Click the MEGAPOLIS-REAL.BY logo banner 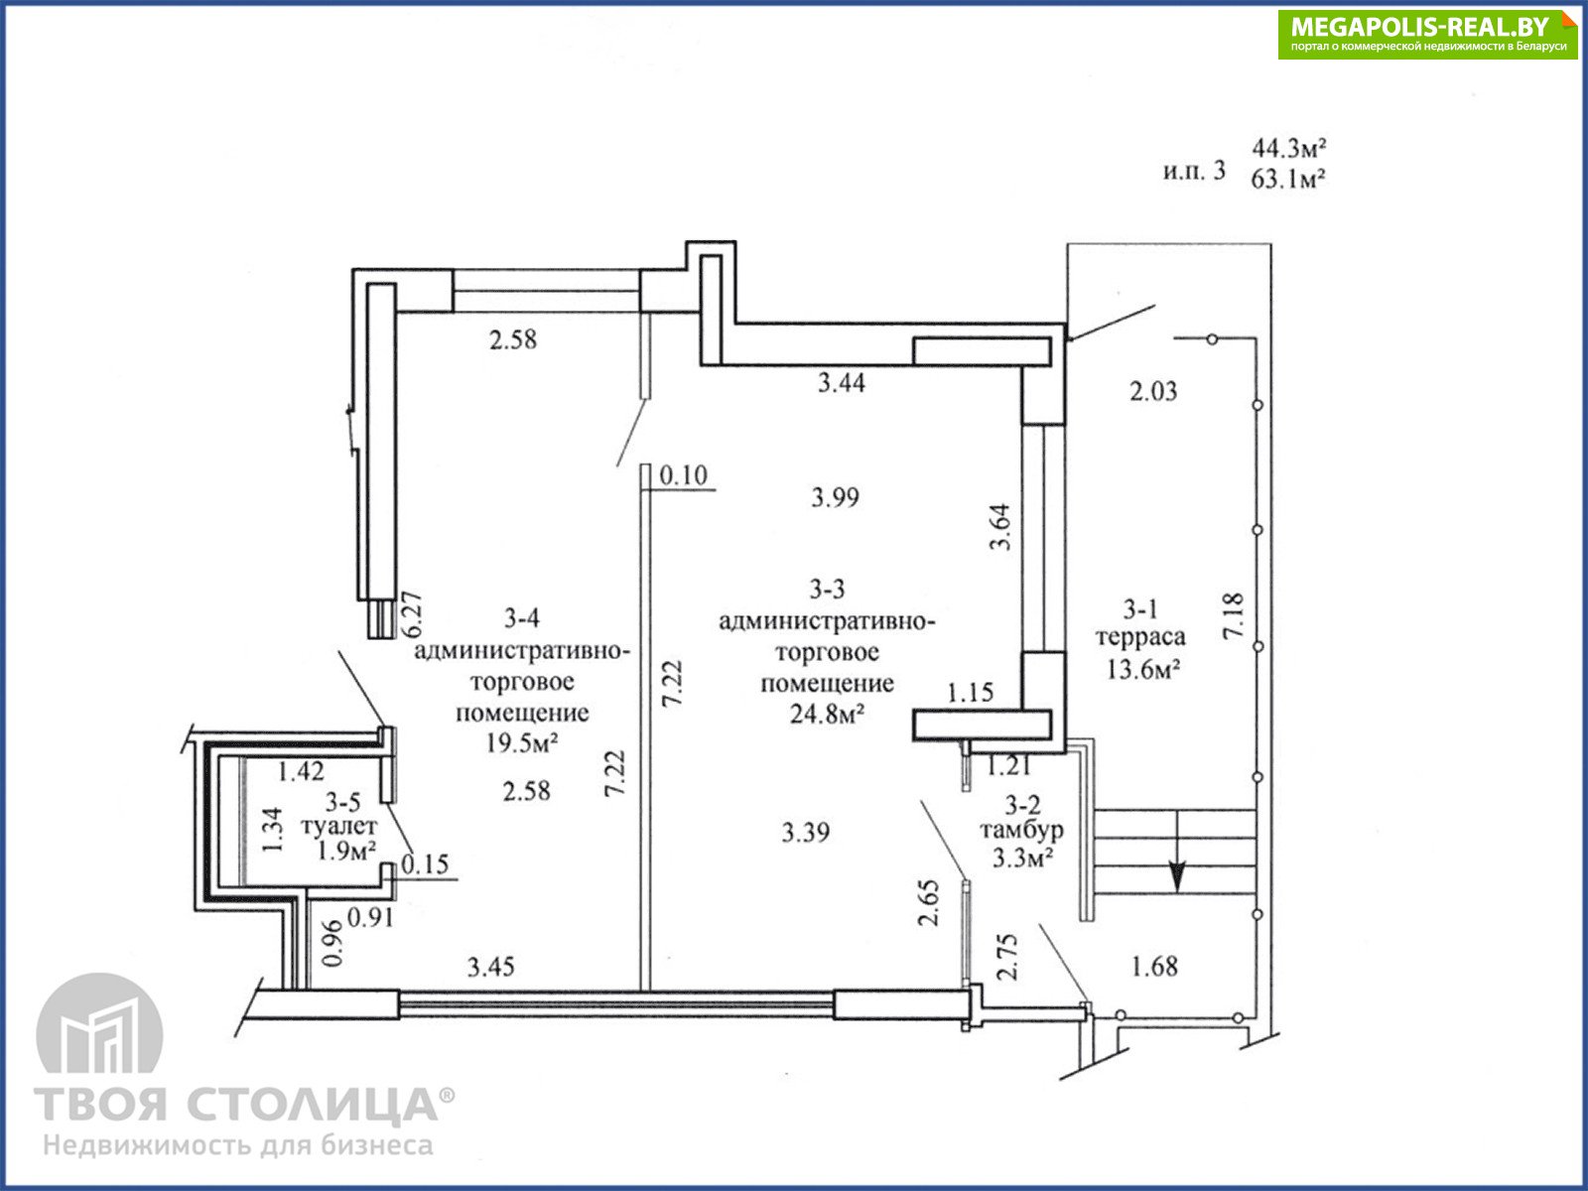[x=1427, y=35]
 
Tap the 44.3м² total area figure [x=1288, y=148]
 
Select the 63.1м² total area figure [x=1287, y=179]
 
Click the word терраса [x=1140, y=638]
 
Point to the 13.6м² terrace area [x=1143, y=670]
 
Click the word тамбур [x=1021, y=830]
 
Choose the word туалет [x=338, y=826]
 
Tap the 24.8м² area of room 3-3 [x=827, y=715]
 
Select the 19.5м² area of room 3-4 [x=522, y=742]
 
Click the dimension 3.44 [x=842, y=382]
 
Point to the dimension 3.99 [x=836, y=497]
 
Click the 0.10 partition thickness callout [x=684, y=475]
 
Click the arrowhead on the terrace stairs [x=1178, y=877]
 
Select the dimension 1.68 [x=1154, y=966]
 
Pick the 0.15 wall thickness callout [x=426, y=864]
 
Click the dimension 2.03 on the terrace [x=1154, y=391]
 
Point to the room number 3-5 [x=342, y=801]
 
